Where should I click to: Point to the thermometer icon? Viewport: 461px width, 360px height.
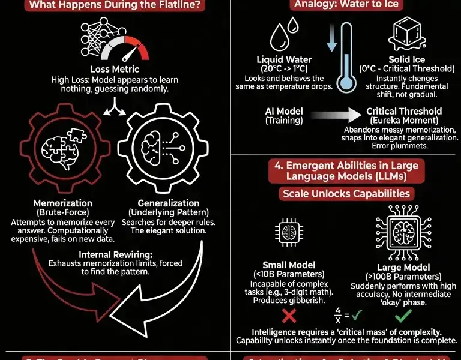343,60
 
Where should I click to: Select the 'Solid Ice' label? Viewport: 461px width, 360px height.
408,60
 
